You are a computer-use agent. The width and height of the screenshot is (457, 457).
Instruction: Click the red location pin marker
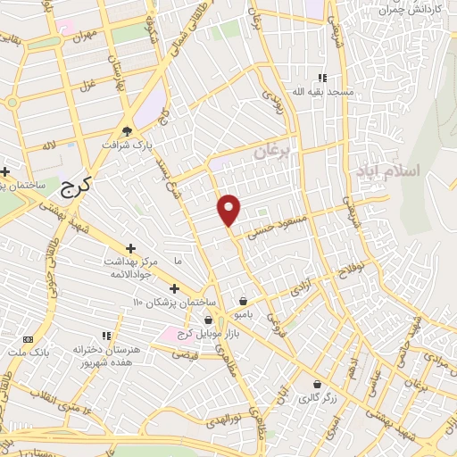point(229,210)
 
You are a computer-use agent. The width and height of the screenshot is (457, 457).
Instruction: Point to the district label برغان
point(272,154)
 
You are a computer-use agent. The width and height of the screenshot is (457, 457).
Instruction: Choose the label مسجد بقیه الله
point(328,92)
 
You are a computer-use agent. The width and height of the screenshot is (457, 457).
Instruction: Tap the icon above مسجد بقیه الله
point(322,79)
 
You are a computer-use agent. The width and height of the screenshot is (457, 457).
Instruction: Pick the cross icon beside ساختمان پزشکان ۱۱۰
point(173,288)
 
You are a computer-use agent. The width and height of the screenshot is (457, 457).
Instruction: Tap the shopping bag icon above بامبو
point(244,301)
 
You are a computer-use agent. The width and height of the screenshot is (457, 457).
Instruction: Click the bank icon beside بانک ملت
point(28,339)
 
